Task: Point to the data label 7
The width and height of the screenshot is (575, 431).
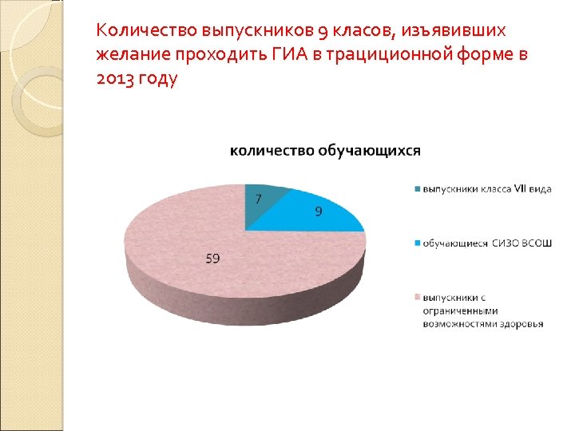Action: (x=258, y=199)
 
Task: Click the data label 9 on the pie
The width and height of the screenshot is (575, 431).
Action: (x=318, y=212)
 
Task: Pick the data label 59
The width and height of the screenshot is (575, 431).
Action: (x=213, y=259)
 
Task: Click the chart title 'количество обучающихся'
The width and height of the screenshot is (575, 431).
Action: (x=325, y=150)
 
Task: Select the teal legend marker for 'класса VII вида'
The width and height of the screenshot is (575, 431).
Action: (x=416, y=189)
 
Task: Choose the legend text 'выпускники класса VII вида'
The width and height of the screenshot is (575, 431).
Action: (x=486, y=189)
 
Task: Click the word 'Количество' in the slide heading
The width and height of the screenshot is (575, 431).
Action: (x=137, y=31)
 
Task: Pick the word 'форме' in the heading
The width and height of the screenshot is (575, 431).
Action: (x=489, y=55)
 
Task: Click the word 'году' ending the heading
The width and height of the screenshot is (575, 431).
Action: (x=158, y=80)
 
